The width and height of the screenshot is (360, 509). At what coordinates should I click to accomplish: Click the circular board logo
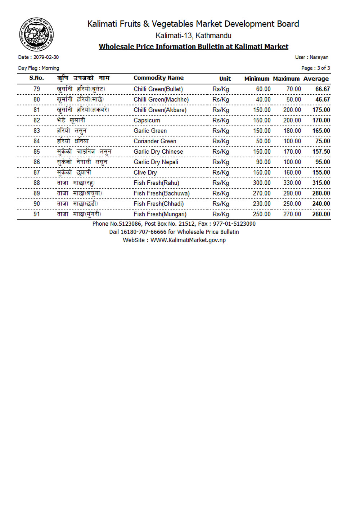coord(36,35)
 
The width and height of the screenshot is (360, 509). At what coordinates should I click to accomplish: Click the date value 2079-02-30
coord(46,57)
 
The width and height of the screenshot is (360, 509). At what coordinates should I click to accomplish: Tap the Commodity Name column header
coord(158,78)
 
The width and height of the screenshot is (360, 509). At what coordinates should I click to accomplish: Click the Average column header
coord(316,79)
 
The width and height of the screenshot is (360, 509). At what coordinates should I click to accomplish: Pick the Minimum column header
coord(256,79)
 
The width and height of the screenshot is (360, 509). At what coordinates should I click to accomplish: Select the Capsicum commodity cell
coord(147,121)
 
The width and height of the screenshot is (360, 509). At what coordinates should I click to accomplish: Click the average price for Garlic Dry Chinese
coord(321,152)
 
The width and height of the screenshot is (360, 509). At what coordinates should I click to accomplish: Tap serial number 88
coord(37,183)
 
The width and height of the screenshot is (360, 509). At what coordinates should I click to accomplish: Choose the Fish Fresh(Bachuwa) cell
coord(161,194)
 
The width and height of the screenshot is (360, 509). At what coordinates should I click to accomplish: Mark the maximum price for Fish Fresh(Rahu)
coord(292,183)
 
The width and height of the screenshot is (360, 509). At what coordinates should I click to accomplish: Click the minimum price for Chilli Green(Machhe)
coord(263,100)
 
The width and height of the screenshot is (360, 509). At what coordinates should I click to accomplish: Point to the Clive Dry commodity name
coord(145,173)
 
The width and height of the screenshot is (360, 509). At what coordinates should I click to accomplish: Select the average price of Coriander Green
coord(323,141)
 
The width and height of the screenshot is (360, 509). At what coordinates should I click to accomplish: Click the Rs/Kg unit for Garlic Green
coord(220,131)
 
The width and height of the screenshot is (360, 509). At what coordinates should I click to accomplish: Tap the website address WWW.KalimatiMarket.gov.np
coord(188,240)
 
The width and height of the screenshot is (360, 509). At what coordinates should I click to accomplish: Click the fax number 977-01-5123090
coord(234,224)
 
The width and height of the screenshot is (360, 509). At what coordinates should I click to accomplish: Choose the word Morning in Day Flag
coord(50,68)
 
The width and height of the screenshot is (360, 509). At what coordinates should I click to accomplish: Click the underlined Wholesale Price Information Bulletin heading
coord(193,47)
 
